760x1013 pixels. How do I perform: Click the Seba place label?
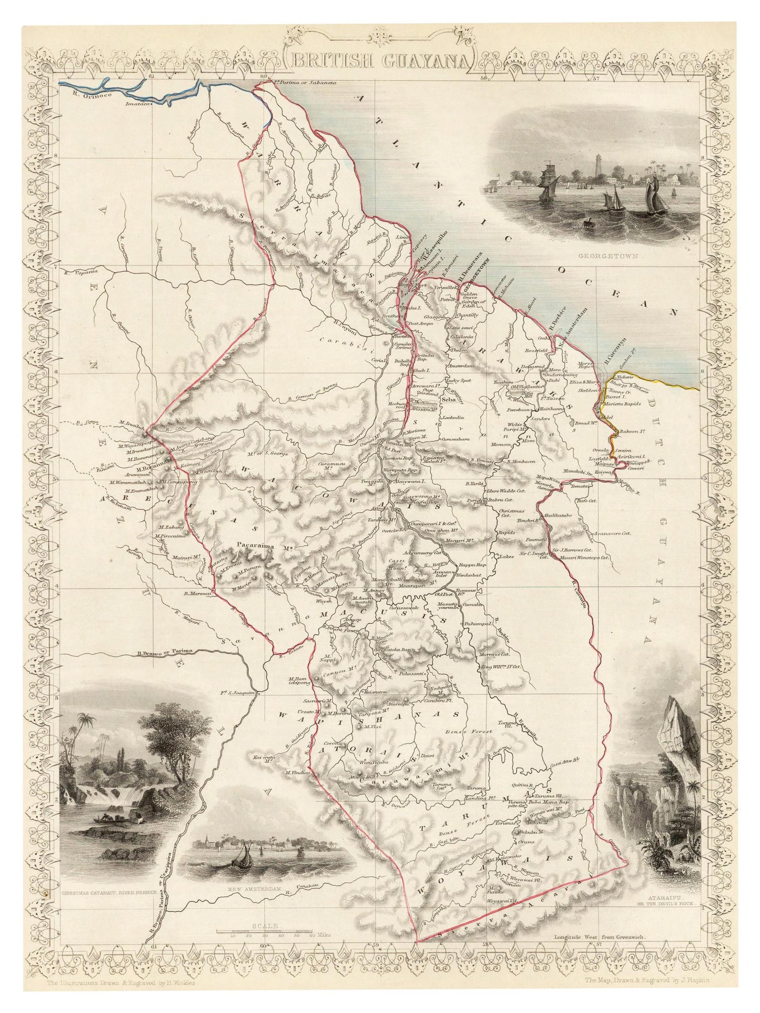pos(450,400)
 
